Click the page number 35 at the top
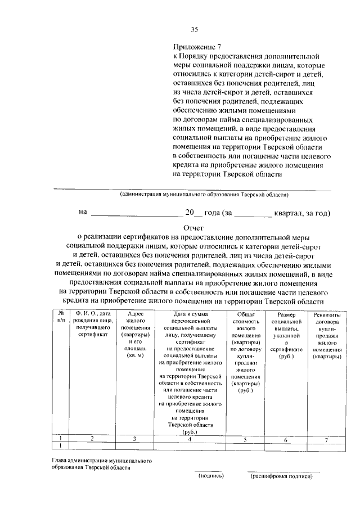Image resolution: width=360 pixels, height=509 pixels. pyautogui.click(x=195, y=30)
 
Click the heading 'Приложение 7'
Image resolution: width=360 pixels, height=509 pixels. pyautogui.click(x=193, y=48)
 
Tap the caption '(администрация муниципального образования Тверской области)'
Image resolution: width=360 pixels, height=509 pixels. pyautogui.click(x=204, y=195)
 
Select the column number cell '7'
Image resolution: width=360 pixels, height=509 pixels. pyautogui.click(x=326, y=439)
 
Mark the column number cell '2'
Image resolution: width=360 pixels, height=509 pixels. pyautogui.click(x=92, y=439)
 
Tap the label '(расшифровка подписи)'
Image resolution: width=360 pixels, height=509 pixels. pyautogui.click(x=281, y=476)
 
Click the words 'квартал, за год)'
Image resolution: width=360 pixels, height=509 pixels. pyautogui.click(x=301, y=213)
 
